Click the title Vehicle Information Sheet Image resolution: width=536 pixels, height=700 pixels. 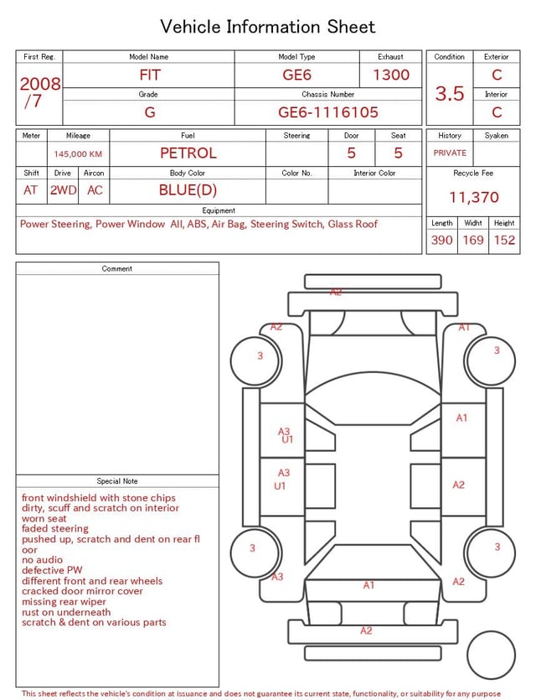coord(268,27)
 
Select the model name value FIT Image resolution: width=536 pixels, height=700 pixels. coord(149,75)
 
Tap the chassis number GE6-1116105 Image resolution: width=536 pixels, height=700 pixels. coord(328,111)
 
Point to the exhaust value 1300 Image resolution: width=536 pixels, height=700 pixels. coord(391,75)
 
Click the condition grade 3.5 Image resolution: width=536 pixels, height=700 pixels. coord(450,94)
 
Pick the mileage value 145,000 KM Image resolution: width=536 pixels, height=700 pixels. coord(78,154)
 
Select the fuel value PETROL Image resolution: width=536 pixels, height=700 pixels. coord(188,153)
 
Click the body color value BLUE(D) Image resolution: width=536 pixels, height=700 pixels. coord(188,190)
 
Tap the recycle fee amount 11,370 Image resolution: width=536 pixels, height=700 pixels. coord(473,198)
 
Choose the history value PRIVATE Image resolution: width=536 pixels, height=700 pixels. coord(450,153)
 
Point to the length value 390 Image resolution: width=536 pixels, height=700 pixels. coord(441,241)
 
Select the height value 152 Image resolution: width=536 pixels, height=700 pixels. coord(504,241)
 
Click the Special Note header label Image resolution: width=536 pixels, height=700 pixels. coord(117,481)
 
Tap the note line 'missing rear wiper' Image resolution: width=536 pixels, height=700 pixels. coord(64,602)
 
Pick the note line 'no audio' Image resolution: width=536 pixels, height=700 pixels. coord(42,560)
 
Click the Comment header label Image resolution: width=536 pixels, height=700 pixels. coord(117,269)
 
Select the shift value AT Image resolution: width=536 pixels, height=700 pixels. coord(31,190)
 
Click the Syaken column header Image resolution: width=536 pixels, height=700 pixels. coord(496,136)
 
